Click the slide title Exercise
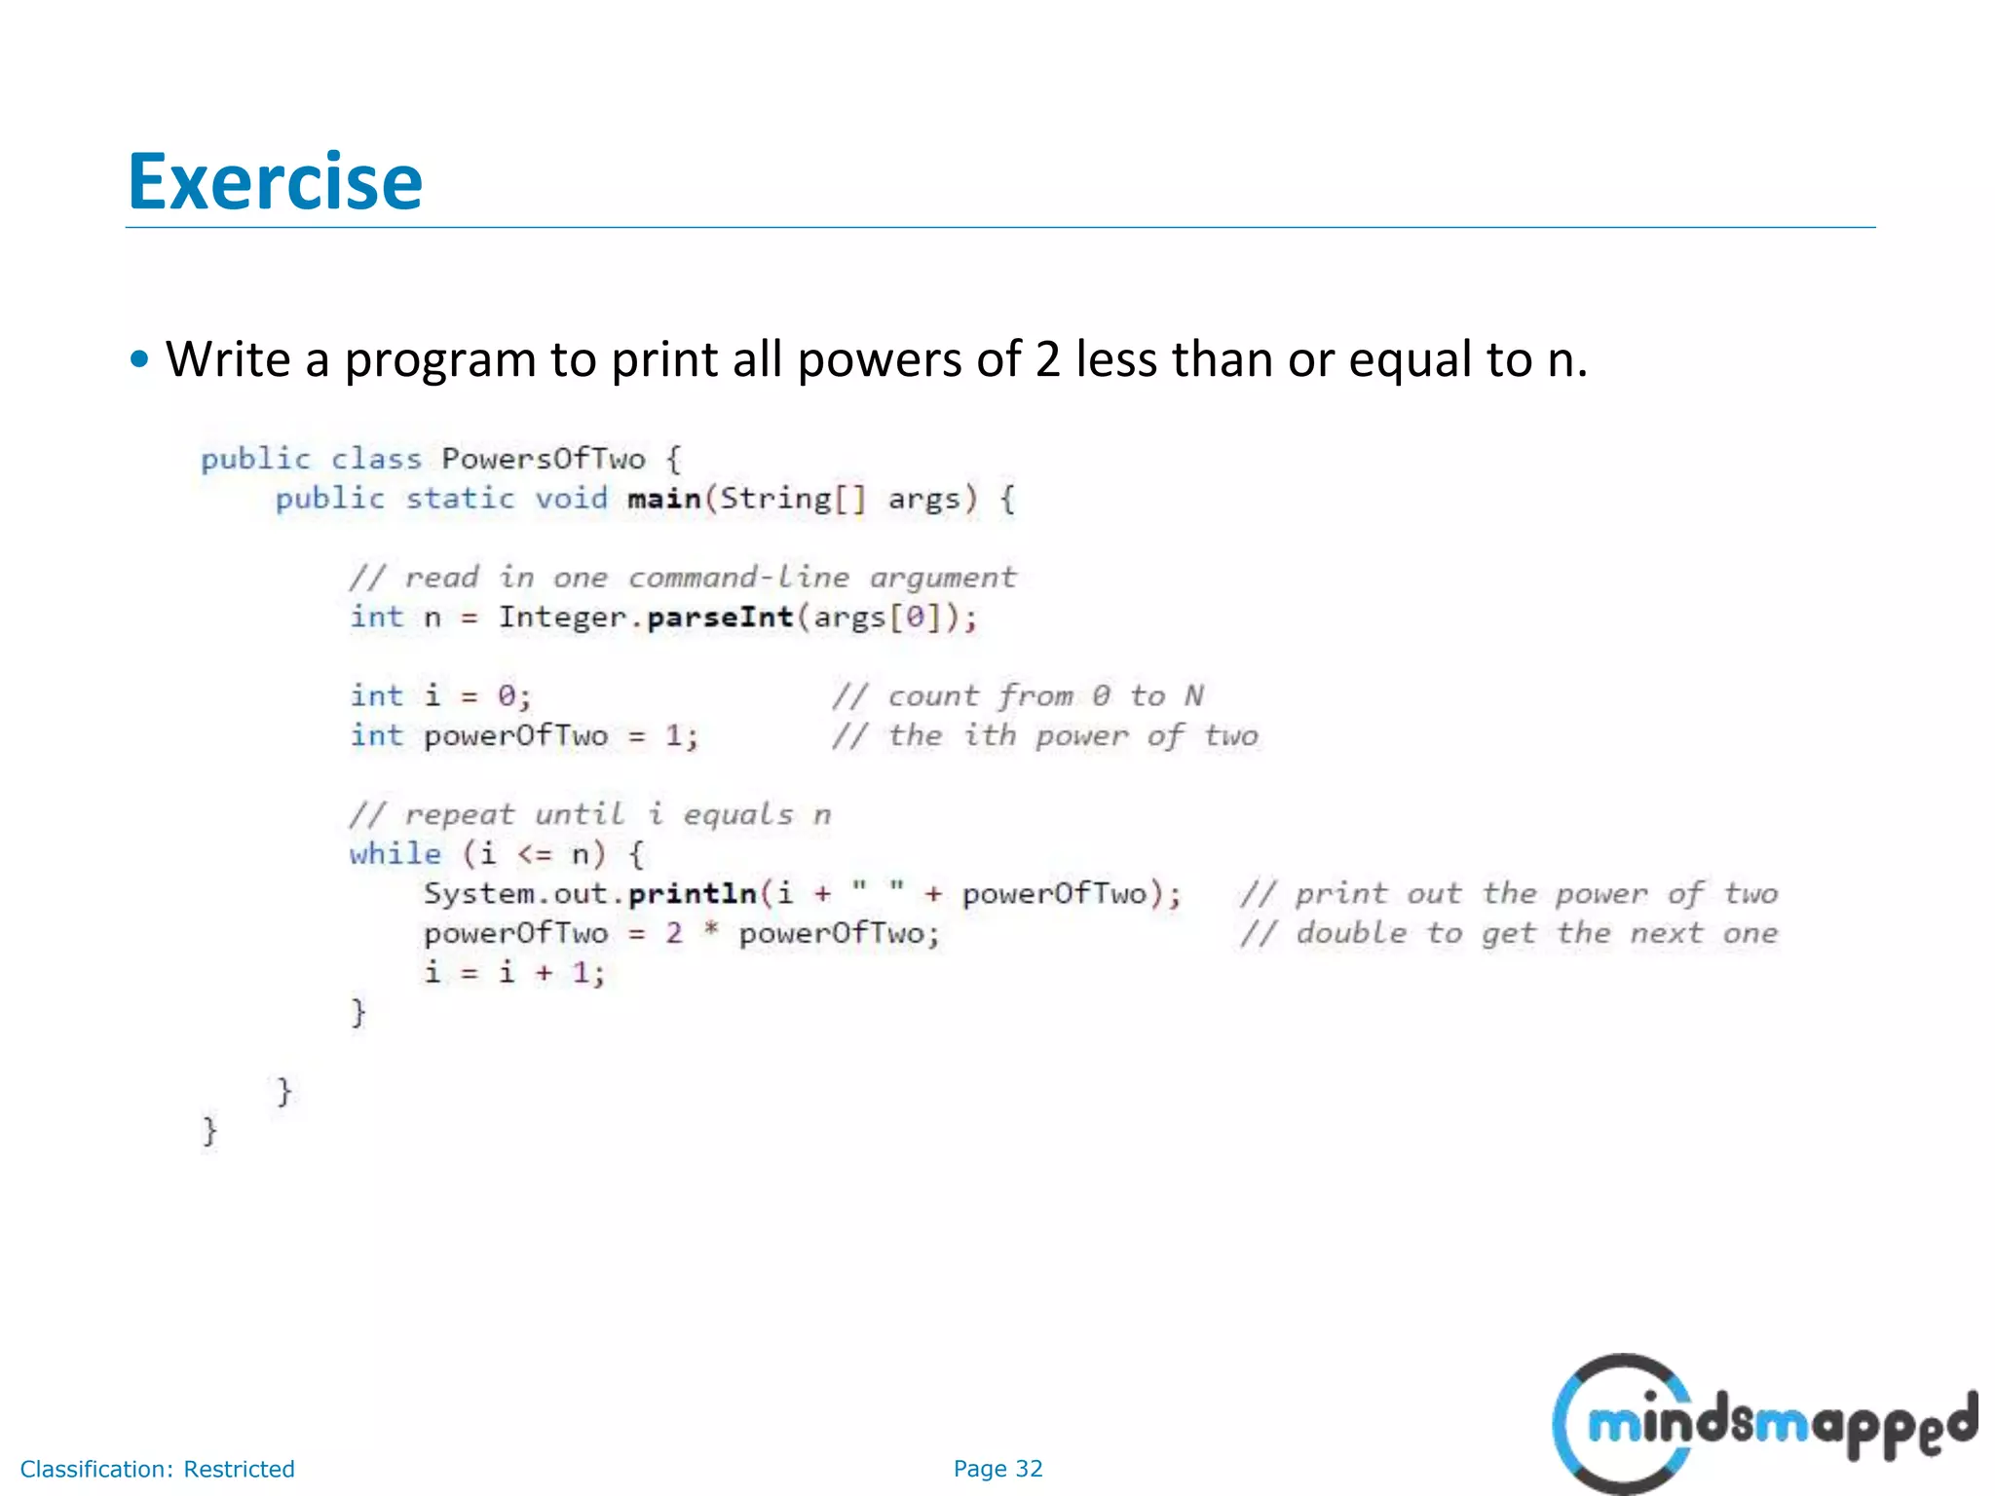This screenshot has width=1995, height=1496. (276, 182)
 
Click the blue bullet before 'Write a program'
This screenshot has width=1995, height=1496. (140, 359)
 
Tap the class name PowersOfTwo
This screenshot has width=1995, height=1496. (543, 459)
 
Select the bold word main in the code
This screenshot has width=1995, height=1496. (664, 499)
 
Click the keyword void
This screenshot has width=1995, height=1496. (571, 499)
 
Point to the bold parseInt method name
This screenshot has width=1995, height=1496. (720, 617)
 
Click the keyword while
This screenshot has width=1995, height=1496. (395, 854)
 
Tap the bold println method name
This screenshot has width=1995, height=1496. (692, 894)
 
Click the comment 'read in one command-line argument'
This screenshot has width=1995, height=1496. (682, 578)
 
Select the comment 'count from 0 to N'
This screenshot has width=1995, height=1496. (1018, 696)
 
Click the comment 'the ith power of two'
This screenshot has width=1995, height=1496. (1044, 736)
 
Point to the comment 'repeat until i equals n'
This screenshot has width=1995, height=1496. (590, 814)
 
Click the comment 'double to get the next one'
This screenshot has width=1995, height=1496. (1509, 933)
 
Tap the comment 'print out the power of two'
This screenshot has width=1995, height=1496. (1509, 894)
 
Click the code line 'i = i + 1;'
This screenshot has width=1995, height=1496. (514, 973)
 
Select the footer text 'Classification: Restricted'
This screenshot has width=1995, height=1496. (158, 1469)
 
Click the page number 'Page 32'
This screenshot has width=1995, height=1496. (997, 1469)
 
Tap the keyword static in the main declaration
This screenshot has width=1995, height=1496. (460, 499)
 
